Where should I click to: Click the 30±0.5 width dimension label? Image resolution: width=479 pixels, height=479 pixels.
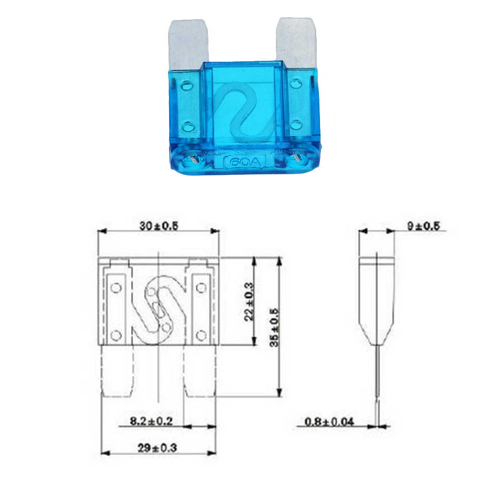click(x=159, y=227)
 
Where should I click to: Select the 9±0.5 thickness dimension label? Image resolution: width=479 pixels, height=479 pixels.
click(x=423, y=227)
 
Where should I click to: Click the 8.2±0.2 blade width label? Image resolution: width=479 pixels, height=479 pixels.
click(x=151, y=422)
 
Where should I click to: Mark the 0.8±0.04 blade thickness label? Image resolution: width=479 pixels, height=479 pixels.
click(x=330, y=422)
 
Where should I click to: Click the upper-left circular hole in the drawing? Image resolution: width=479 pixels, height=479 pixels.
click(x=115, y=288)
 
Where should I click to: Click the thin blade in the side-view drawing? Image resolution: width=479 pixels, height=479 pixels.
click(x=377, y=383)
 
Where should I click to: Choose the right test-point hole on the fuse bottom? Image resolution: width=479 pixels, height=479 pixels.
click(x=297, y=159)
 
